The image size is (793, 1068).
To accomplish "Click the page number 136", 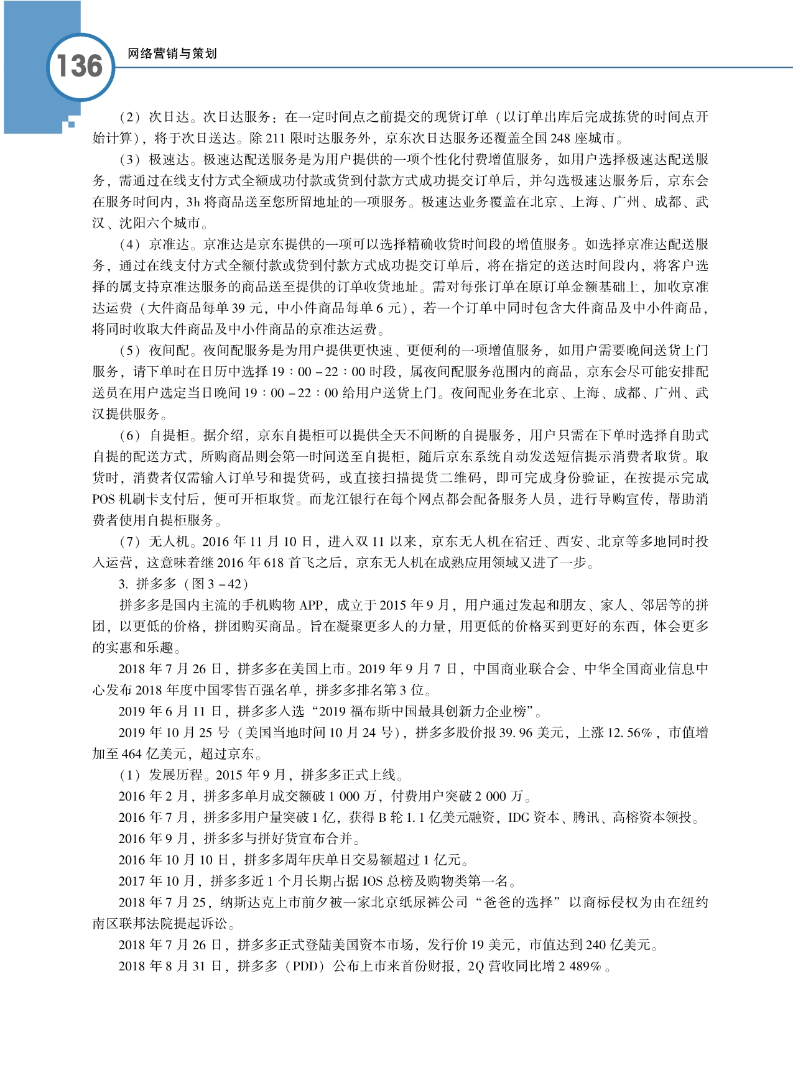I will (x=80, y=67).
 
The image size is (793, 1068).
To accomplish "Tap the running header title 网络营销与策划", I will (x=172, y=54).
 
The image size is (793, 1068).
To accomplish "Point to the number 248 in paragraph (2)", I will (x=560, y=138).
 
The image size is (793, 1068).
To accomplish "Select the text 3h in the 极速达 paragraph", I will (x=193, y=202).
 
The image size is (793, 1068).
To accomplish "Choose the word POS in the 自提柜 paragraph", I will (x=104, y=499).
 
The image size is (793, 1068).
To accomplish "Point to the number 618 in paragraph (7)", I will (x=274, y=563).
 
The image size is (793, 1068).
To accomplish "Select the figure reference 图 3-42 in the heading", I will (x=221, y=584).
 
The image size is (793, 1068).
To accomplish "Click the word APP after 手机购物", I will (x=312, y=605).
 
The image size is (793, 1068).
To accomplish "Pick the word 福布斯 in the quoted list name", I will (x=375, y=711).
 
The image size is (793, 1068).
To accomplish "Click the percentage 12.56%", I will (x=629, y=732).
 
